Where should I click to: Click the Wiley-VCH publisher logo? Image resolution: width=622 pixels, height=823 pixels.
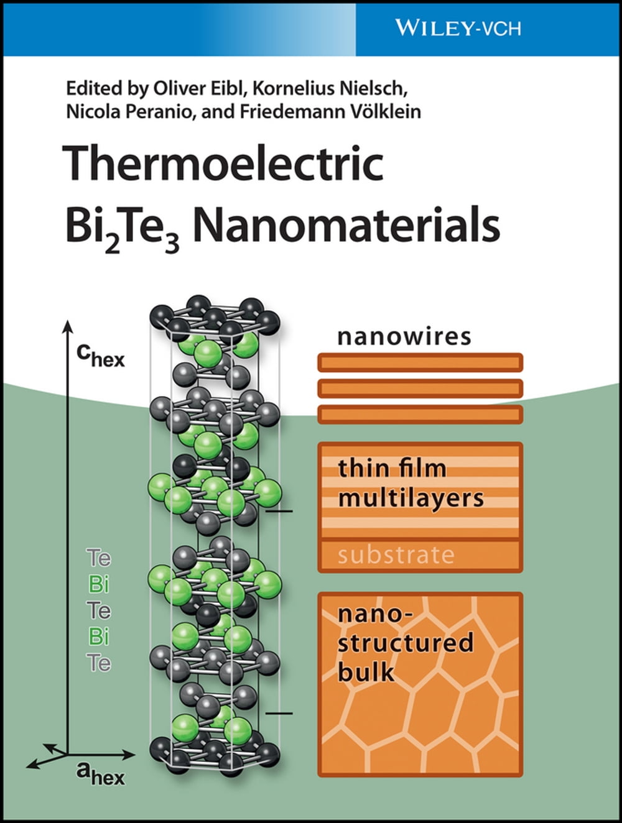[x=457, y=28]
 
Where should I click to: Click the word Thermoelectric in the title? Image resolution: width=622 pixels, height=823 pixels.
[x=224, y=163]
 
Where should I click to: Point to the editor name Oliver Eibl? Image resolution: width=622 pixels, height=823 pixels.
[x=198, y=88]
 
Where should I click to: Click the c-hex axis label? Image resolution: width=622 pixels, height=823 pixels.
[x=100, y=355]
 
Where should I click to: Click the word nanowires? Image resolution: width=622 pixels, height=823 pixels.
[x=404, y=336]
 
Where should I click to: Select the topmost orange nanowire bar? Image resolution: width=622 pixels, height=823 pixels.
[x=420, y=362]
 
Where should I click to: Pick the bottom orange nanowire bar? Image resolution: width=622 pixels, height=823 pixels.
[x=420, y=414]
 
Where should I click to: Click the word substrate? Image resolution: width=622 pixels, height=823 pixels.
[x=396, y=555]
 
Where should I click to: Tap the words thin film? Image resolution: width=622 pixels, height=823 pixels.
[x=392, y=468]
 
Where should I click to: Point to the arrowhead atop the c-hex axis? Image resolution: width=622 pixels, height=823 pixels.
[x=67, y=327]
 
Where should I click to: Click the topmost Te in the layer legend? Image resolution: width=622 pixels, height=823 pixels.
[x=99, y=558]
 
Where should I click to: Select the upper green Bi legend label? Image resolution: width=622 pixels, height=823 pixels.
[x=99, y=584]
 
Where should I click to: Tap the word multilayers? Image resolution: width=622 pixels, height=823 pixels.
[x=411, y=498]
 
